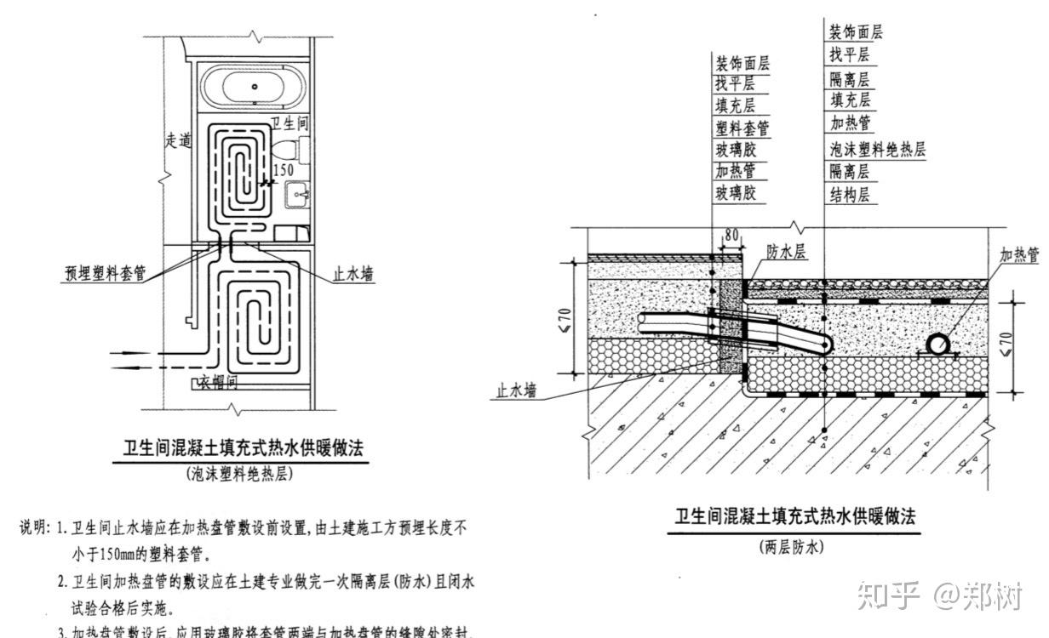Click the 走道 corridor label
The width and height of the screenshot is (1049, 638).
[177, 142]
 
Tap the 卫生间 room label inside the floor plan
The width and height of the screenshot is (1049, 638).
[290, 124]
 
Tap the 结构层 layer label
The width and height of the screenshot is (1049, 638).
[850, 195]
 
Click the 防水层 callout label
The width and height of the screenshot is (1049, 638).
[787, 252]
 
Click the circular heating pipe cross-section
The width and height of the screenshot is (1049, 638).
[938, 344]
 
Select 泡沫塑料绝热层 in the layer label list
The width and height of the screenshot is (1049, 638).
[877, 150]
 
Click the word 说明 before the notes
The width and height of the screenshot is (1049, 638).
[35, 529]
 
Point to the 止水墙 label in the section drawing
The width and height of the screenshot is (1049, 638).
[517, 391]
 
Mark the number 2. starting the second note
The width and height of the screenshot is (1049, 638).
[62, 582]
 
